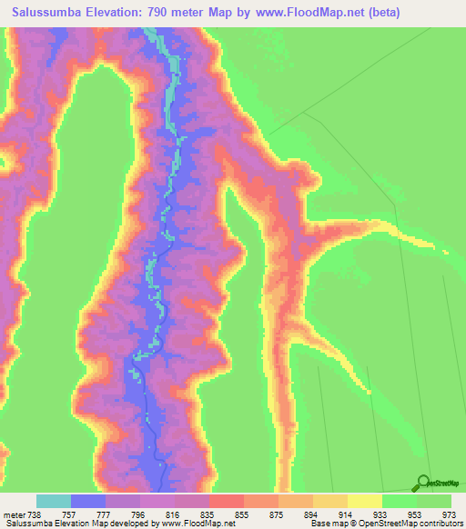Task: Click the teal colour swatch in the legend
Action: (54, 501)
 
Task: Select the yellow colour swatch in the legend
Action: (365, 501)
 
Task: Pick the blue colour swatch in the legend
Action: (88, 501)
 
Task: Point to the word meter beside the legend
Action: (15, 514)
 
